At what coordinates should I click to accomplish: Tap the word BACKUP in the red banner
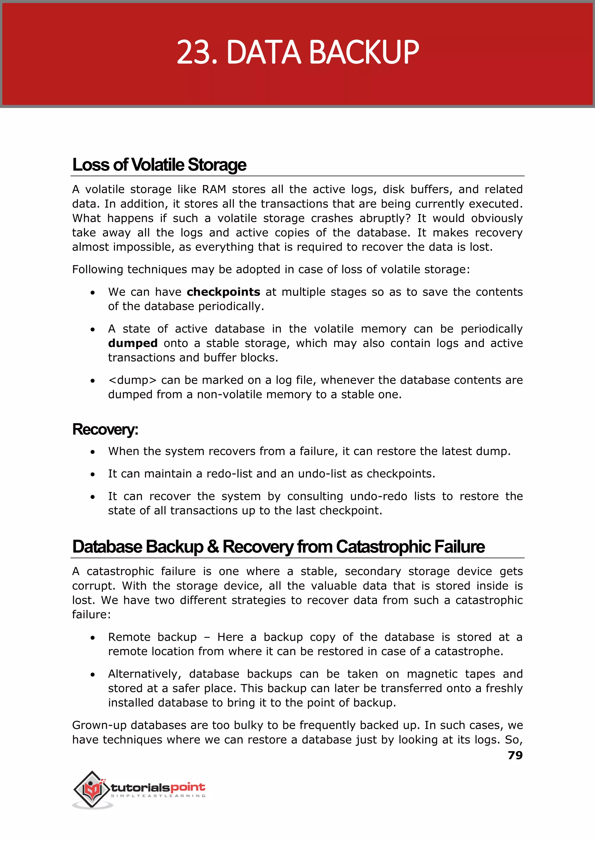tap(365, 52)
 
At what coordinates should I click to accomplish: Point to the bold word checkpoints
tap(223, 292)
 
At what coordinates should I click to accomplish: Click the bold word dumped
tap(133, 343)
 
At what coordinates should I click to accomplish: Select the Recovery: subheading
tap(105, 430)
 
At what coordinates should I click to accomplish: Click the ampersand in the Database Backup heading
tap(213, 547)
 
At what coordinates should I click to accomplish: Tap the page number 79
tap(515, 755)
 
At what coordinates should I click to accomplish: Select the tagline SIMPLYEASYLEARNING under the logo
tap(158, 796)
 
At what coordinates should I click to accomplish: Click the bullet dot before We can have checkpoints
tap(93, 293)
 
